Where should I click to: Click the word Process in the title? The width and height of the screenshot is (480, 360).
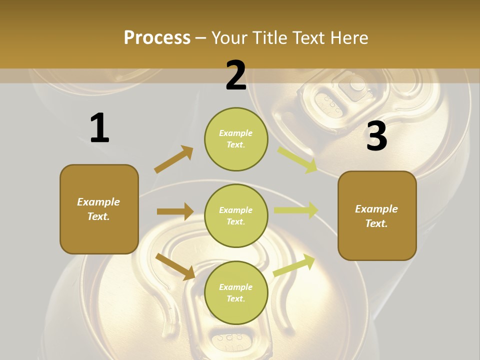pyautogui.click(x=157, y=37)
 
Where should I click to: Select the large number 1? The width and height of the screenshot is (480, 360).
pyautogui.click(x=99, y=128)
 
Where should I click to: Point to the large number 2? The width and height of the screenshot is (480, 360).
pyautogui.click(x=236, y=76)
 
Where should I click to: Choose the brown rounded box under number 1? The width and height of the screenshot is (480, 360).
pyautogui.click(x=99, y=209)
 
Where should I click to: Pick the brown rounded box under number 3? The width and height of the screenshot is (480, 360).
pyautogui.click(x=377, y=216)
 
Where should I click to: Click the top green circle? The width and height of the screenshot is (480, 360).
pyautogui.click(x=236, y=139)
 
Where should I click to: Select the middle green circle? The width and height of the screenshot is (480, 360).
pyautogui.click(x=236, y=215)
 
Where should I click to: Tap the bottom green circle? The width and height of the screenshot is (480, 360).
pyautogui.click(x=236, y=293)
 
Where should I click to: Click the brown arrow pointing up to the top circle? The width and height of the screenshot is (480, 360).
pyautogui.click(x=173, y=159)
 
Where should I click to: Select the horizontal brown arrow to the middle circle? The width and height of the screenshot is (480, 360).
pyautogui.click(x=175, y=211)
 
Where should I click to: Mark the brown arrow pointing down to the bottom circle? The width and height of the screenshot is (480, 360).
pyautogui.click(x=175, y=266)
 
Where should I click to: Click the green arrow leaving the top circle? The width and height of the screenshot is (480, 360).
pyautogui.click(x=297, y=159)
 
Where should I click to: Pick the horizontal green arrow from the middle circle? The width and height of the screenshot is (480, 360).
pyautogui.click(x=295, y=210)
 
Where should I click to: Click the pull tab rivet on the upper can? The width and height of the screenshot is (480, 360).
pyautogui.click(x=356, y=83)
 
